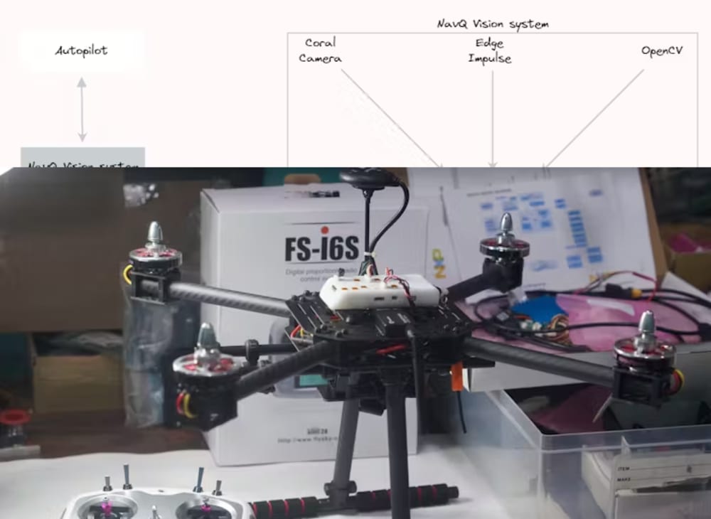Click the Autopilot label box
tap(82, 50)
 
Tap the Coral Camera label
tap(320, 50)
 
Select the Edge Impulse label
tap(489, 50)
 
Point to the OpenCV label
tap(662, 51)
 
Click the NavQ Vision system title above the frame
tap(493, 23)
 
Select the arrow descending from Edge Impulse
tap(492, 117)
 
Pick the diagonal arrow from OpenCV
tap(594, 118)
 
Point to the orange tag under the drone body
tap(456, 377)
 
